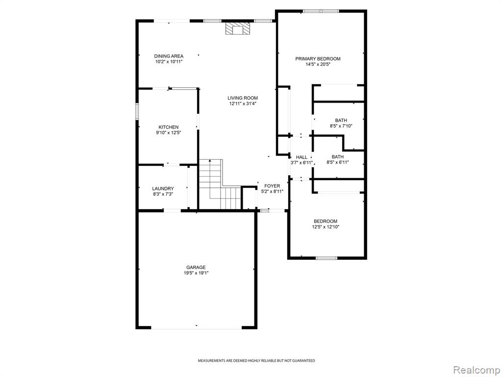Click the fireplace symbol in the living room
click(237, 28)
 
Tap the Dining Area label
click(169, 56)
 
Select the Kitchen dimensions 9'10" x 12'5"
click(169, 133)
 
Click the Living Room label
click(243, 98)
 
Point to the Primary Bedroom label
click(318, 59)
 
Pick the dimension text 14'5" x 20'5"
click(318, 64)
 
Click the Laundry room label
click(163, 188)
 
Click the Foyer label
click(272, 186)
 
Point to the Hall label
click(301, 157)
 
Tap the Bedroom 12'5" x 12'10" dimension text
click(326, 227)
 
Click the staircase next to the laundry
click(220, 185)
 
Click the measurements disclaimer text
click(256, 361)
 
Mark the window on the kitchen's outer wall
click(137, 111)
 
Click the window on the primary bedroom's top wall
click(321, 11)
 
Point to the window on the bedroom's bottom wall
click(326, 258)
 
